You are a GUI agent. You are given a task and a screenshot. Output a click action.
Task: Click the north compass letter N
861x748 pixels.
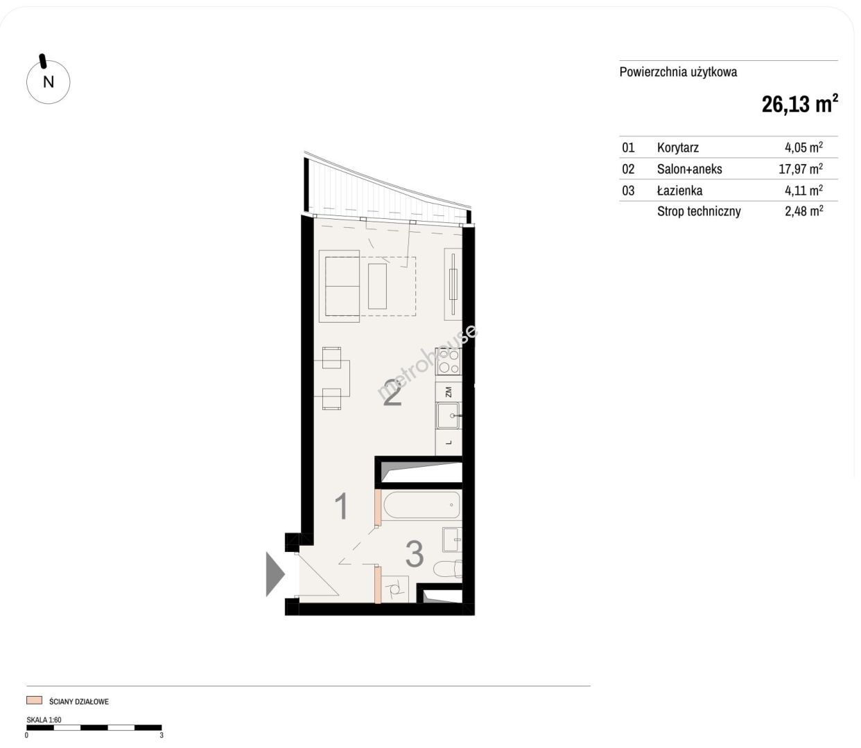click(x=49, y=82)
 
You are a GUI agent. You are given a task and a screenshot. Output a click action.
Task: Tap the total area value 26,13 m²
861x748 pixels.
click(x=799, y=104)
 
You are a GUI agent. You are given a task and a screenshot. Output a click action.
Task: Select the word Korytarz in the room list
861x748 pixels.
click(x=678, y=148)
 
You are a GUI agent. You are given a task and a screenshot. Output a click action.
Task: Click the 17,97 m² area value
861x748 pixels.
click(x=801, y=169)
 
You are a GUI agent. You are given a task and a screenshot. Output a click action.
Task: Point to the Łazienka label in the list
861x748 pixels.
click(x=679, y=190)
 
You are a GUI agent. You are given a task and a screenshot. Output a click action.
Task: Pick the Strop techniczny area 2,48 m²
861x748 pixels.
click(x=803, y=211)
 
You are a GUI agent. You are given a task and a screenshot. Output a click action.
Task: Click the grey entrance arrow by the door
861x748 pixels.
click(x=275, y=574)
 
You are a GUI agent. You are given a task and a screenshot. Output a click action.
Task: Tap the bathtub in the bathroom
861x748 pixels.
click(x=421, y=504)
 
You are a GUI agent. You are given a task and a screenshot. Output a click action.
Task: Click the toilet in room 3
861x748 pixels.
click(x=448, y=569)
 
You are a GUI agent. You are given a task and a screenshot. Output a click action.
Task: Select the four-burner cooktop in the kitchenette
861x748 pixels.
click(x=449, y=362)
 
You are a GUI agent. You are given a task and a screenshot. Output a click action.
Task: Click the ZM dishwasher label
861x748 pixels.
click(x=449, y=392)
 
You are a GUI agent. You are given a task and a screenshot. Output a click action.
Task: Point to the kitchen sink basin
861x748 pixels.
click(x=449, y=416)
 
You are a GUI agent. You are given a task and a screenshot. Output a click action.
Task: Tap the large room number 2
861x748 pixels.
click(x=392, y=393)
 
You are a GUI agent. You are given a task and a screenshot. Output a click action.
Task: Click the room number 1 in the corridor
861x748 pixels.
click(x=342, y=506)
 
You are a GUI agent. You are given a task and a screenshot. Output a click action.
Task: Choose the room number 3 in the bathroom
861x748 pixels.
click(x=415, y=554)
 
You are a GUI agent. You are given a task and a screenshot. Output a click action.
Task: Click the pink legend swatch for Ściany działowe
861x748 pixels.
click(x=34, y=700)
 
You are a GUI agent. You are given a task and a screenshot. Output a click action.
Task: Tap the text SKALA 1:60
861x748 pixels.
click(x=44, y=720)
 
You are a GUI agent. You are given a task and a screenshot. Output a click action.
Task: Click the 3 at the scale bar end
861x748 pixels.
click(x=162, y=736)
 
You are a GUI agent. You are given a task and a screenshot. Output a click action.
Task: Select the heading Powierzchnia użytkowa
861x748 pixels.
click(x=679, y=72)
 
